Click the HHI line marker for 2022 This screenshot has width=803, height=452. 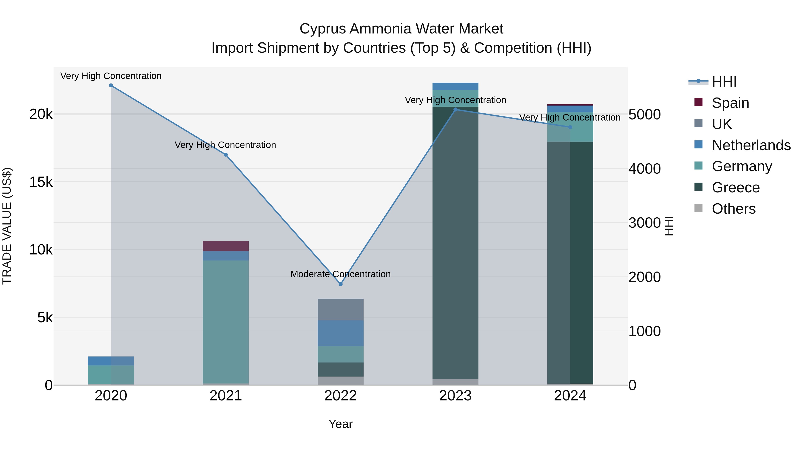(340, 284)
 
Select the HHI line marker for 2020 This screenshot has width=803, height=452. (111, 85)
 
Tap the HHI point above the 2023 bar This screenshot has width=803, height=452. (455, 110)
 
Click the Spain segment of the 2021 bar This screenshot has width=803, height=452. (226, 246)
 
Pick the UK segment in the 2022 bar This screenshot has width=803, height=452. (340, 309)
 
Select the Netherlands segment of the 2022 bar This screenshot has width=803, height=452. (340, 333)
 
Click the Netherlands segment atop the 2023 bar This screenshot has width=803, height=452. (455, 86)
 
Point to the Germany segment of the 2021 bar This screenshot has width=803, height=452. (226, 321)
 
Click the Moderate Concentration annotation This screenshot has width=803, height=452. (340, 274)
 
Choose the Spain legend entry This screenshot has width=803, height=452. (730, 103)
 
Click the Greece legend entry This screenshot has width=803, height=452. (735, 187)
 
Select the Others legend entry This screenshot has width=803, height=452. (733, 209)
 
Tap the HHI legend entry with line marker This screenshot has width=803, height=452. (724, 82)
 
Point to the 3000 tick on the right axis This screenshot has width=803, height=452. (644, 223)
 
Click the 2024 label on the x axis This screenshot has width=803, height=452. (570, 396)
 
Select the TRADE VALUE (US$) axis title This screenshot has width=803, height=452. (7, 226)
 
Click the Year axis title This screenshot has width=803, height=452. (340, 424)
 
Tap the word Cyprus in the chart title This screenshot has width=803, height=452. (322, 29)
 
